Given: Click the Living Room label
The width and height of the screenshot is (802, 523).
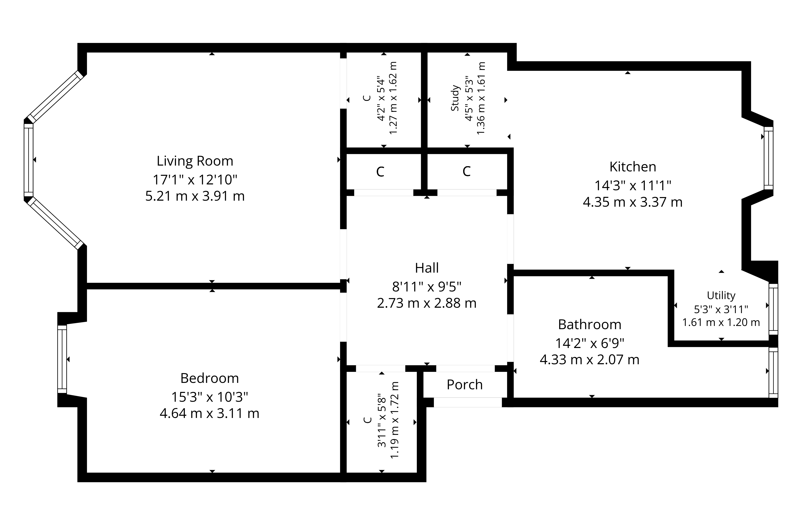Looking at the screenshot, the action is coord(195,161).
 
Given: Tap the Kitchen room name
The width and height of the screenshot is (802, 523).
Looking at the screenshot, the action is coord(633,167).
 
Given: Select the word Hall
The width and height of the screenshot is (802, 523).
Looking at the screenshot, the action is coord(427,268).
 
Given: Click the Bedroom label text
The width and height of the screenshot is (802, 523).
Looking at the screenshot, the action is coord(210,378).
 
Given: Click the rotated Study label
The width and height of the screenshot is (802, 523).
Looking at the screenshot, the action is coord(455,98).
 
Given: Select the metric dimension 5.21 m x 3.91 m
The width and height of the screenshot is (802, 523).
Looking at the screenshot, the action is coord(195,196).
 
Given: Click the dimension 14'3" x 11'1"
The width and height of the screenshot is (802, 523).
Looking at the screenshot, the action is coord(633,186).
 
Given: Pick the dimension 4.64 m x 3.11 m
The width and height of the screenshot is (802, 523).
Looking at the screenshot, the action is coord(210,414).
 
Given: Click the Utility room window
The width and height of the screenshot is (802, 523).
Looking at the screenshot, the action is coord(773,309).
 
